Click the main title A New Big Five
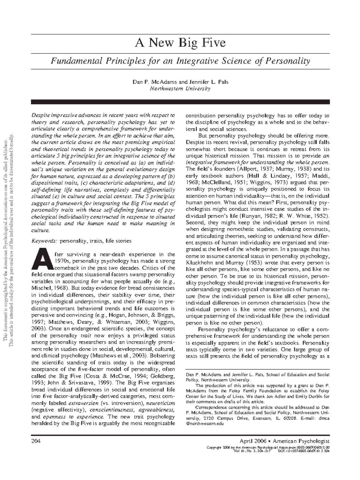pos(180,43)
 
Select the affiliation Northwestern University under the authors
pos(180,88)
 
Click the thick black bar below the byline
pos(180,102)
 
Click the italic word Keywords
pos(44,241)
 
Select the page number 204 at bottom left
pos(35,441)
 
